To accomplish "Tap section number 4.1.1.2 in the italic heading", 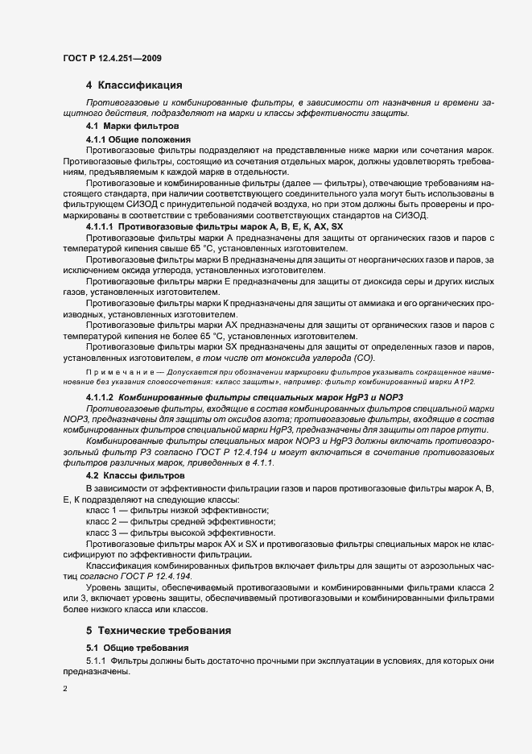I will tap(99, 399).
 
